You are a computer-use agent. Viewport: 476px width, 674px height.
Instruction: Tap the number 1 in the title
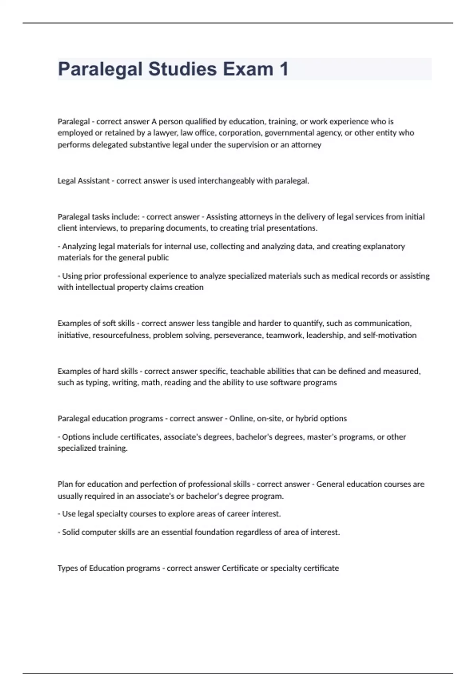[x=284, y=69]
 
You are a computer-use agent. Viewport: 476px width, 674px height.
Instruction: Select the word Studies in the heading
[x=182, y=69]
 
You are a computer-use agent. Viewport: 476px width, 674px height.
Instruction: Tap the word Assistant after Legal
[x=94, y=181]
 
